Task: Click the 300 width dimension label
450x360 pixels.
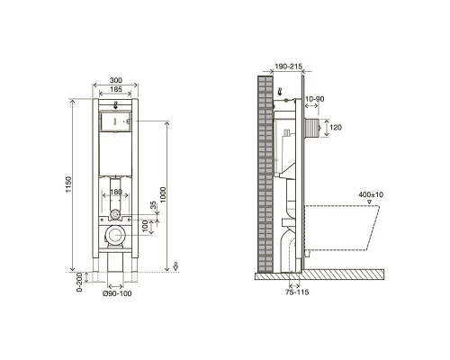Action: tap(116, 80)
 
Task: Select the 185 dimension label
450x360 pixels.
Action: tap(116, 89)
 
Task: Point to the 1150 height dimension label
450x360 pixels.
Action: tap(69, 184)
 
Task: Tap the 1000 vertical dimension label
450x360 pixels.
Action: tap(163, 194)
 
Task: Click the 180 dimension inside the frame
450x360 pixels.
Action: tap(116, 192)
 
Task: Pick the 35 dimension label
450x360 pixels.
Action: tap(153, 205)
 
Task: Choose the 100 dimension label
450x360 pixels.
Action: tap(145, 227)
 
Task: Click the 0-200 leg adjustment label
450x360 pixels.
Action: tap(79, 283)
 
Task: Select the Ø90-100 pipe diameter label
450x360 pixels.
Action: tap(117, 293)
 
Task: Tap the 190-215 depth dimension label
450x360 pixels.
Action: tap(288, 67)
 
